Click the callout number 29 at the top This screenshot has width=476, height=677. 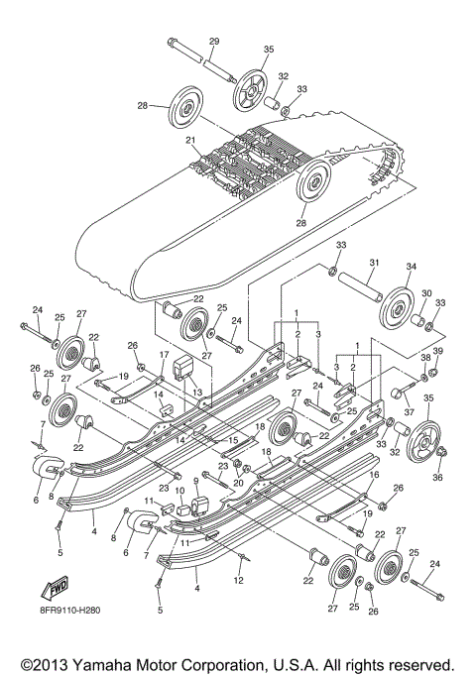pos(213,40)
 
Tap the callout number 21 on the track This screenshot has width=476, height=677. pos(189,141)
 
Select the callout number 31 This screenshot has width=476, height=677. pos(374,262)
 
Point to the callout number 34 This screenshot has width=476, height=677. pos(411,266)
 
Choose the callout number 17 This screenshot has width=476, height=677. pos(165,354)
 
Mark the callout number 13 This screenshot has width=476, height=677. pos(196,393)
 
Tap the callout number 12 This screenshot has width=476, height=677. pos(238,578)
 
